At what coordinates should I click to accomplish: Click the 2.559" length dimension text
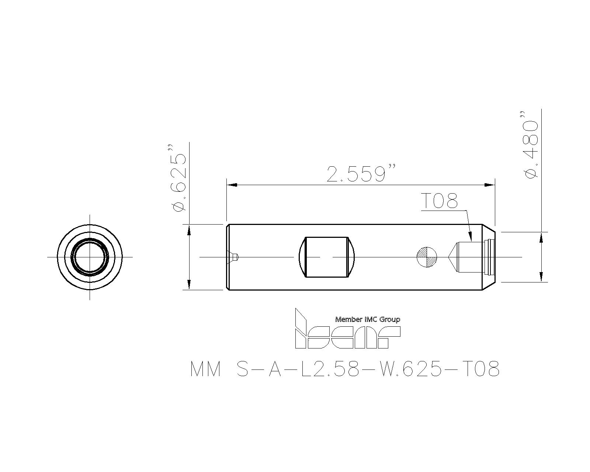361,173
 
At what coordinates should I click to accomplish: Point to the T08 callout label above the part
439,201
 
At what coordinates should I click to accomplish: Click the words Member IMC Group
368,319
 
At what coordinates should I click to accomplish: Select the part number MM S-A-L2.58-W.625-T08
345,369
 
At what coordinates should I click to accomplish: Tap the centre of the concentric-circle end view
90,257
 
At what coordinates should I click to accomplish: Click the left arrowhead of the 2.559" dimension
232,185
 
